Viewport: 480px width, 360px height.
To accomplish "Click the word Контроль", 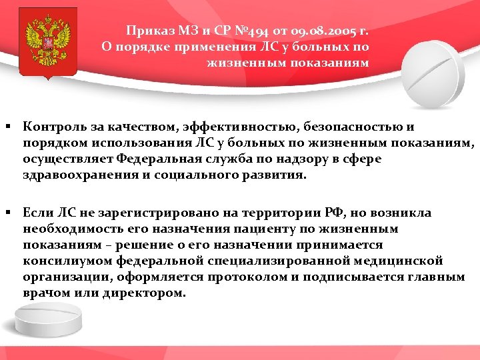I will tap(53, 126).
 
